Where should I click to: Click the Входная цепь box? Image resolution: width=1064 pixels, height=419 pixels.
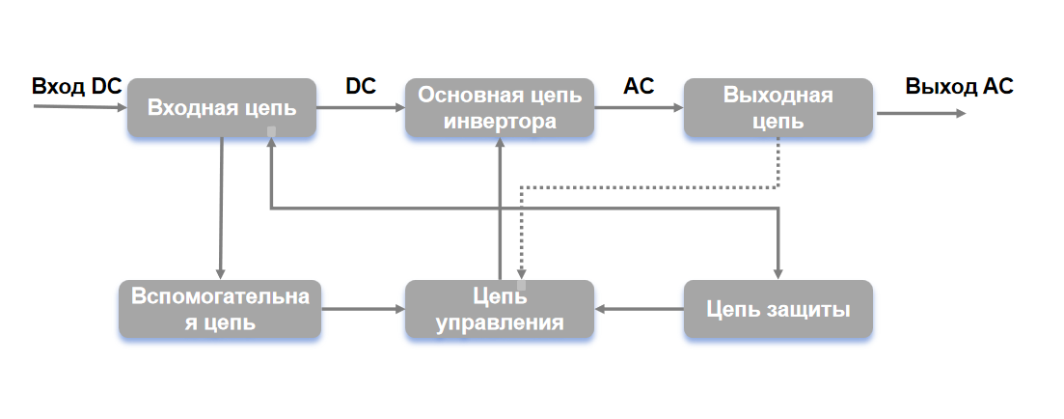coord(221,108)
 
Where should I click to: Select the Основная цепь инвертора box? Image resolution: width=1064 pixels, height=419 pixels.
coord(500,108)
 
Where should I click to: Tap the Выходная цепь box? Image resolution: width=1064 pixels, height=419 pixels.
coord(778,108)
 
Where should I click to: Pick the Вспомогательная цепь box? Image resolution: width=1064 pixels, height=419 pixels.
coord(220,309)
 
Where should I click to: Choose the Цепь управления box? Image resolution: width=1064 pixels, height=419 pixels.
coord(500,309)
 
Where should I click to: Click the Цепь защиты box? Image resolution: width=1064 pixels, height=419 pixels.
coord(778,309)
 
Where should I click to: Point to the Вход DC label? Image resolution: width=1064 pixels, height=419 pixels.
coord(76,86)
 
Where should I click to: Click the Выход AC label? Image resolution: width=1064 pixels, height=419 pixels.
coord(959,86)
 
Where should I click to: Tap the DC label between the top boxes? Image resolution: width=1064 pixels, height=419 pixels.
coord(361,86)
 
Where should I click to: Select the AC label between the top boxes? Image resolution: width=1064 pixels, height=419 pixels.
coord(639,86)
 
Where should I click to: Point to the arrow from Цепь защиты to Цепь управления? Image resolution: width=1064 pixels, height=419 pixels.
coord(640,310)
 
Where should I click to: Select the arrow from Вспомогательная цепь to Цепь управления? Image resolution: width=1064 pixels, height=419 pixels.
coord(363,310)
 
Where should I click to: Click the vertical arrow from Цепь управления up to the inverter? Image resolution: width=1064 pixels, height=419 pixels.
coord(500,208)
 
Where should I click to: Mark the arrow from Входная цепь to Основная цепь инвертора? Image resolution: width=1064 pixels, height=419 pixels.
coord(360,108)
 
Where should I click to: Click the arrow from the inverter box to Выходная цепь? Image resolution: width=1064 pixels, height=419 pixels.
coord(639,108)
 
